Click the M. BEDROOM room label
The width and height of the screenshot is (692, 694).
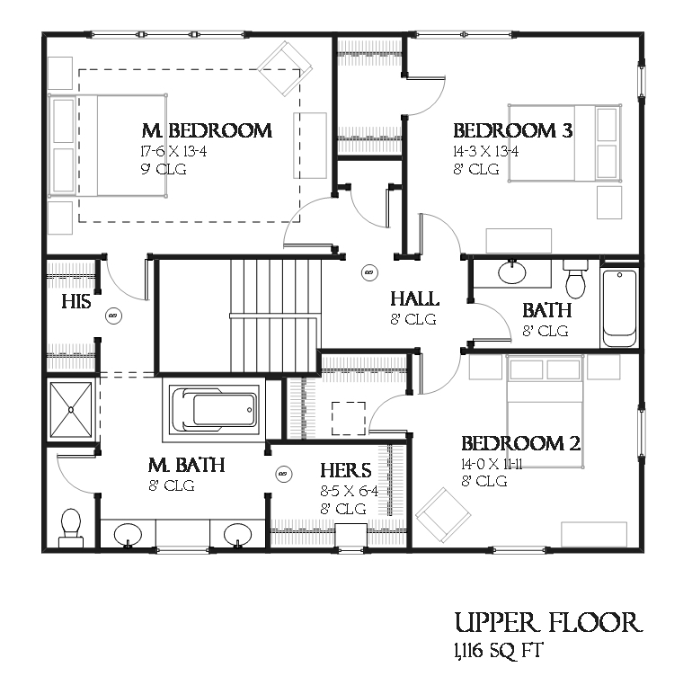coord(207,131)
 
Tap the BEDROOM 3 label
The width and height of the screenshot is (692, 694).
coord(512,131)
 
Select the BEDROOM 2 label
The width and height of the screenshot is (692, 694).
coord(520,444)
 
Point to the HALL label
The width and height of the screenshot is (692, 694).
coord(414,299)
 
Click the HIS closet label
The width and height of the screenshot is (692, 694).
coord(76,302)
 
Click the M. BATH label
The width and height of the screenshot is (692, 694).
coord(186,466)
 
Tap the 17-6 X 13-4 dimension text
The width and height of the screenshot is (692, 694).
coord(173,151)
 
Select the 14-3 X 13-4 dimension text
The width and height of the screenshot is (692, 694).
coord(485,151)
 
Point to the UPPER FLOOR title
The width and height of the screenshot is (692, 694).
coord(548,623)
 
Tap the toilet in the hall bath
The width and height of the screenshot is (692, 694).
coord(575,280)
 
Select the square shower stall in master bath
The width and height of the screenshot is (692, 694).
coord(71,412)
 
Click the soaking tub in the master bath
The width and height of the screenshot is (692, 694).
coord(214,410)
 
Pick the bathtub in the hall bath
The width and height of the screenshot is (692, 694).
coord(618,307)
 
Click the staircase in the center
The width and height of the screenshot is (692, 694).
coord(274,315)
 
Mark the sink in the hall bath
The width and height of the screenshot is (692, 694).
coord(512,272)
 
